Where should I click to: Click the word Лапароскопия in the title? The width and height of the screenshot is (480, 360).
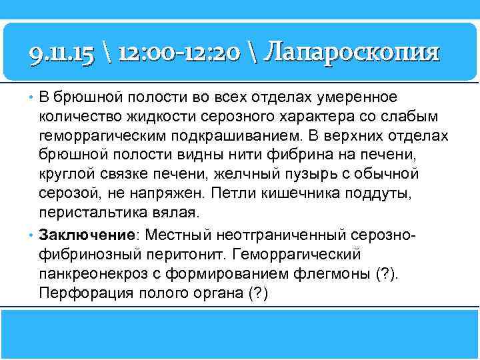[x=351, y=51]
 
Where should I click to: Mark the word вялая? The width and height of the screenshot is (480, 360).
[x=177, y=213]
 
